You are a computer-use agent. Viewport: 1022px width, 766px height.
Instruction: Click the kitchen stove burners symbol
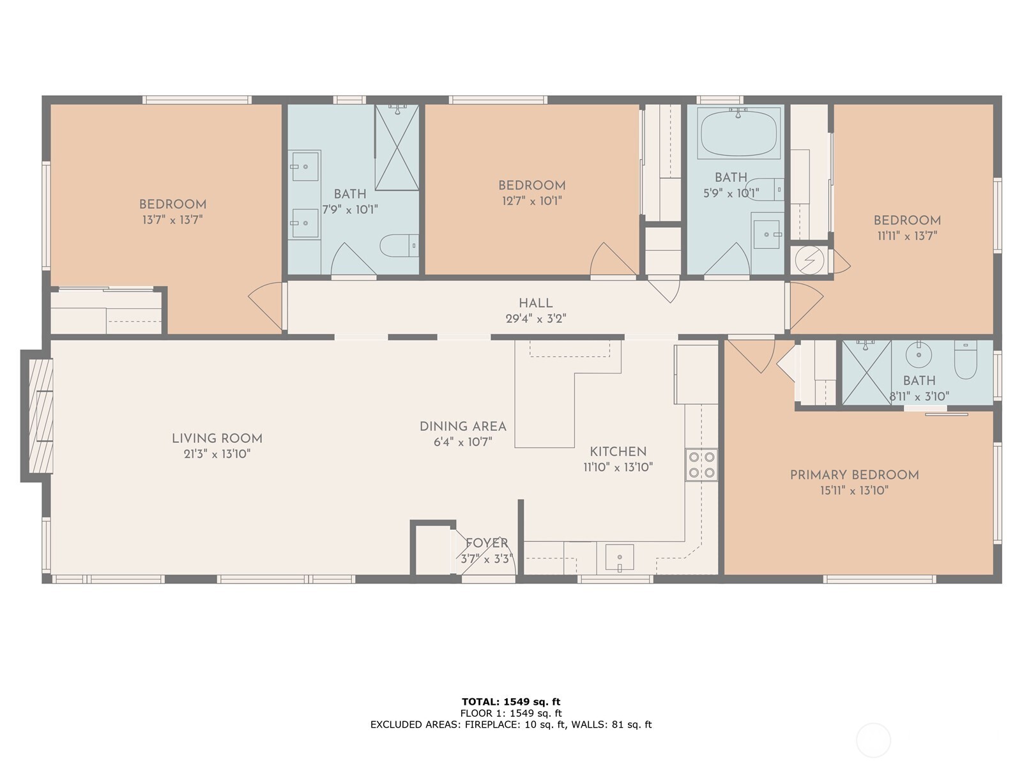click(x=701, y=465)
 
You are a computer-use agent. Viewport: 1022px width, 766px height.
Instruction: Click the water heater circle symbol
click(x=809, y=260)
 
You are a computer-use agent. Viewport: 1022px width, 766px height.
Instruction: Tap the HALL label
click(x=535, y=303)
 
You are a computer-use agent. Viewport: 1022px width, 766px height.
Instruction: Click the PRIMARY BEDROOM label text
click(x=854, y=475)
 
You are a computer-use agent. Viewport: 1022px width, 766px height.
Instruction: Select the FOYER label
click(x=487, y=543)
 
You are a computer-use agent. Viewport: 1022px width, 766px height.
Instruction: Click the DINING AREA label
click(x=462, y=426)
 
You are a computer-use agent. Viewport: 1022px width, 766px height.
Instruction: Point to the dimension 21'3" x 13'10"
click(x=217, y=454)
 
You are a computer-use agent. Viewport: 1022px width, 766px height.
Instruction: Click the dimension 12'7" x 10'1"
click(x=531, y=201)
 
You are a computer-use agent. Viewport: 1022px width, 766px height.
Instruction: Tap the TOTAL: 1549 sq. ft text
click(x=511, y=702)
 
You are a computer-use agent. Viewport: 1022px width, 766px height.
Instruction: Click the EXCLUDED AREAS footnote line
click(x=511, y=725)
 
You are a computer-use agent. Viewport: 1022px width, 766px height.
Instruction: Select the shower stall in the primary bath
click(x=866, y=372)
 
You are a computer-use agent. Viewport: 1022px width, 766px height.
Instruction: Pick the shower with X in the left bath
click(x=397, y=148)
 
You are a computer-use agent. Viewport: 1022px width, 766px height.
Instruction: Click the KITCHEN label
click(x=618, y=451)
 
